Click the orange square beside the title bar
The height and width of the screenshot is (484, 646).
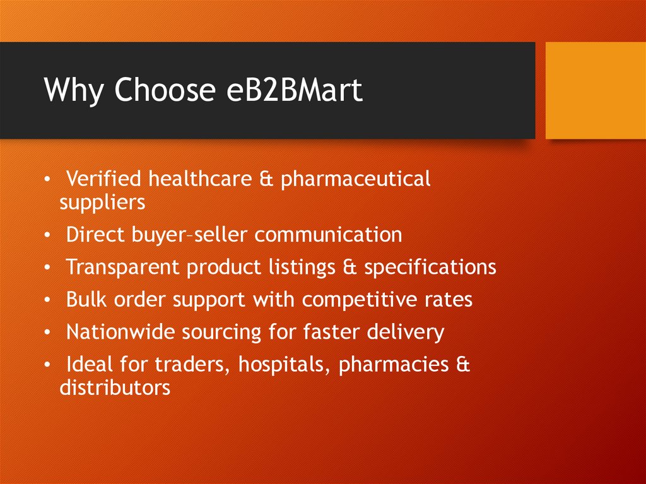coord(595,90)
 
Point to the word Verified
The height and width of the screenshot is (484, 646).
coord(103,179)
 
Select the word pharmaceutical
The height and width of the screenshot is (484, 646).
coord(355,180)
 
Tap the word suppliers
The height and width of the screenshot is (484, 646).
coord(102,203)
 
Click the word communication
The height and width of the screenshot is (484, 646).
coord(328,235)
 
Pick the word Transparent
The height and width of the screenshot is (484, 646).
coord(123,268)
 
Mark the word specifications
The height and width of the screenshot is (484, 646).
coord(430,268)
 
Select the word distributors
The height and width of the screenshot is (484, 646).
coord(115,387)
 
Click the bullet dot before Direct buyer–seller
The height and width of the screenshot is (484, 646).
coord(48,235)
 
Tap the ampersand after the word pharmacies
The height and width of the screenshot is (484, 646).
coord(464,365)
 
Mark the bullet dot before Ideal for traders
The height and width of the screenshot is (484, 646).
coord(48,365)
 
